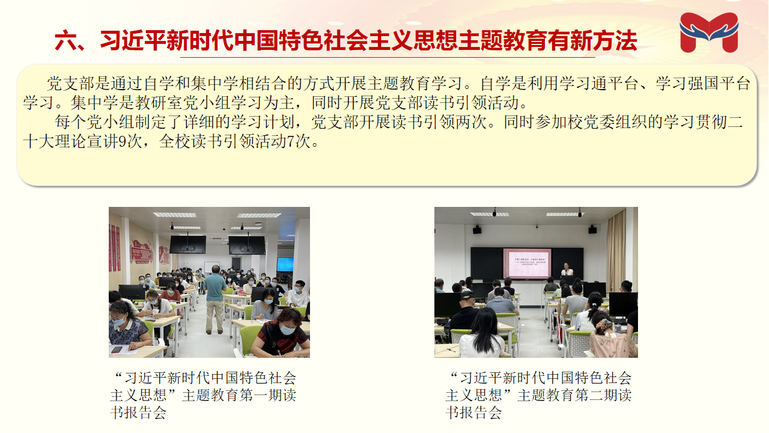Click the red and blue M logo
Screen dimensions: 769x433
click(x=709, y=32)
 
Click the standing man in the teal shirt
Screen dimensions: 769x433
click(x=215, y=299)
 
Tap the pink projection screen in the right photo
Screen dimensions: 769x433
click(x=527, y=263)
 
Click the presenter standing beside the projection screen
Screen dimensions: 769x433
click(x=567, y=270)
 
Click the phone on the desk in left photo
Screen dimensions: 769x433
click(x=117, y=350)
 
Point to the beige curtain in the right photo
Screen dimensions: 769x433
click(x=616, y=251)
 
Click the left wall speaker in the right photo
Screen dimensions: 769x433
click(x=477, y=230)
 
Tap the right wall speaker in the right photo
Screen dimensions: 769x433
click(x=592, y=229)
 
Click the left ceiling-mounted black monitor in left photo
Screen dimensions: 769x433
click(x=188, y=245)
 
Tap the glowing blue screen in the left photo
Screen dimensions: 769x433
click(x=285, y=265)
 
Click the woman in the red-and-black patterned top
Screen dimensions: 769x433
click(x=281, y=333)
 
